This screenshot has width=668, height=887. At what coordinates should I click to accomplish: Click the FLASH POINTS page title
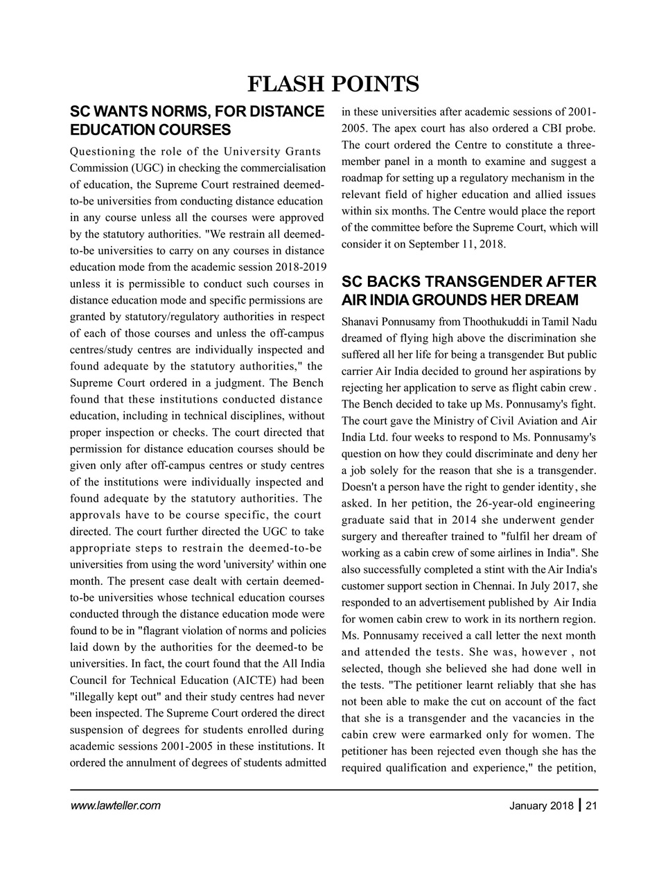[x=333, y=84]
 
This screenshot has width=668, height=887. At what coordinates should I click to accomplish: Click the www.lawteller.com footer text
[x=115, y=805]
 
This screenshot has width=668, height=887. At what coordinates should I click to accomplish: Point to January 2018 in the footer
[x=541, y=805]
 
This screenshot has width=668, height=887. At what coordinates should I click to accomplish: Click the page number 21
[x=591, y=805]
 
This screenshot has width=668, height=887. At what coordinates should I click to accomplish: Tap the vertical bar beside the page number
[x=580, y=805]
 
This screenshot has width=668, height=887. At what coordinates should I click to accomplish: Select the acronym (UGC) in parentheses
[x=139, y=168]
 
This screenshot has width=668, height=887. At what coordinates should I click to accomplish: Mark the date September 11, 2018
[x=457, y=245]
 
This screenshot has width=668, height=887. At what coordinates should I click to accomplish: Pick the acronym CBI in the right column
[x=552, y=128]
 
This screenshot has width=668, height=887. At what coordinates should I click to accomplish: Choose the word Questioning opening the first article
[x=101, y=151]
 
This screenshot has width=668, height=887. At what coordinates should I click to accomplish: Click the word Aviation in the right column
[x=538, y=421]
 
